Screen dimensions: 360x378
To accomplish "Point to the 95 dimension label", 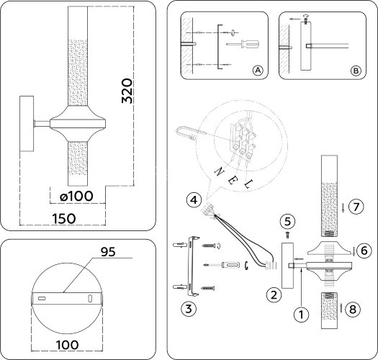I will pos(108,253).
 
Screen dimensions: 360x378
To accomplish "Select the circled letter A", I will pos(257,70).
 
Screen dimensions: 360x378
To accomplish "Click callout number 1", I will pos(300,313).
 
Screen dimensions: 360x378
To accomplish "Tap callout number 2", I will pos(273,294).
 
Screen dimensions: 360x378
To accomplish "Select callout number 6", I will pos(364,251).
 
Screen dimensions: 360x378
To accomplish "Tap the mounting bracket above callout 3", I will pos(192,266).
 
